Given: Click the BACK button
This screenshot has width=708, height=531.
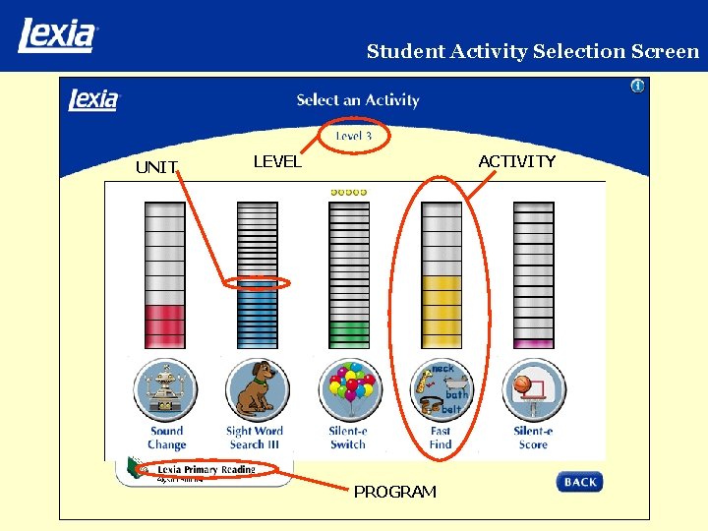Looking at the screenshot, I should point(579,482).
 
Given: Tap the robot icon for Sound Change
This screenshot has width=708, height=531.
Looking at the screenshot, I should point(165,389).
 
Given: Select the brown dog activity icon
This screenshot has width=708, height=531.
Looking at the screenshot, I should point(257,389).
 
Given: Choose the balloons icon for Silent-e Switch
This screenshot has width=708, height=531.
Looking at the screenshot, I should point(348,389).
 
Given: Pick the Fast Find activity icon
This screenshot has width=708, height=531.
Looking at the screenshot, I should point(441,389).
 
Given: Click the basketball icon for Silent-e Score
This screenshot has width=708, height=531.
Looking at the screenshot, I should point(533,389).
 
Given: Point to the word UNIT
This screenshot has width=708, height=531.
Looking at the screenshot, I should point(155,167).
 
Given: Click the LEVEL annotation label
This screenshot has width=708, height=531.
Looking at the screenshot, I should point(277,161).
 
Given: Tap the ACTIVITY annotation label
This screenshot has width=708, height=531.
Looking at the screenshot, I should point(516,161).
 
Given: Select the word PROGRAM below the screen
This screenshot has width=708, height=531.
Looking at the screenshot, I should point(394,492).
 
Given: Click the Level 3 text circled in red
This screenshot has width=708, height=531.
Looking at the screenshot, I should point(354,136).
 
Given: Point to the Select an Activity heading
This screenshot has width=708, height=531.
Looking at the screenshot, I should point(358,100).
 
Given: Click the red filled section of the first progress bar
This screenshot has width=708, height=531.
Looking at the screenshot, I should point(164,325).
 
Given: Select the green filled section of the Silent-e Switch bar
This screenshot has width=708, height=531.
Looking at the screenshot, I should point(348,333).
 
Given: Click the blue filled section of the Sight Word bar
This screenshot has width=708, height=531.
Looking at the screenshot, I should point(257,315).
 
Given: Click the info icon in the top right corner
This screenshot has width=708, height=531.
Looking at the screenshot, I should point(637,87).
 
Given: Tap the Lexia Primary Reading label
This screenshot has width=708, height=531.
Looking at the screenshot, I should point(206,469).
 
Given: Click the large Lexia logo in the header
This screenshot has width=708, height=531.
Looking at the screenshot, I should point(57,35).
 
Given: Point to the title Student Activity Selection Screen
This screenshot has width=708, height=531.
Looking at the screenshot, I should point(532,51).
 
